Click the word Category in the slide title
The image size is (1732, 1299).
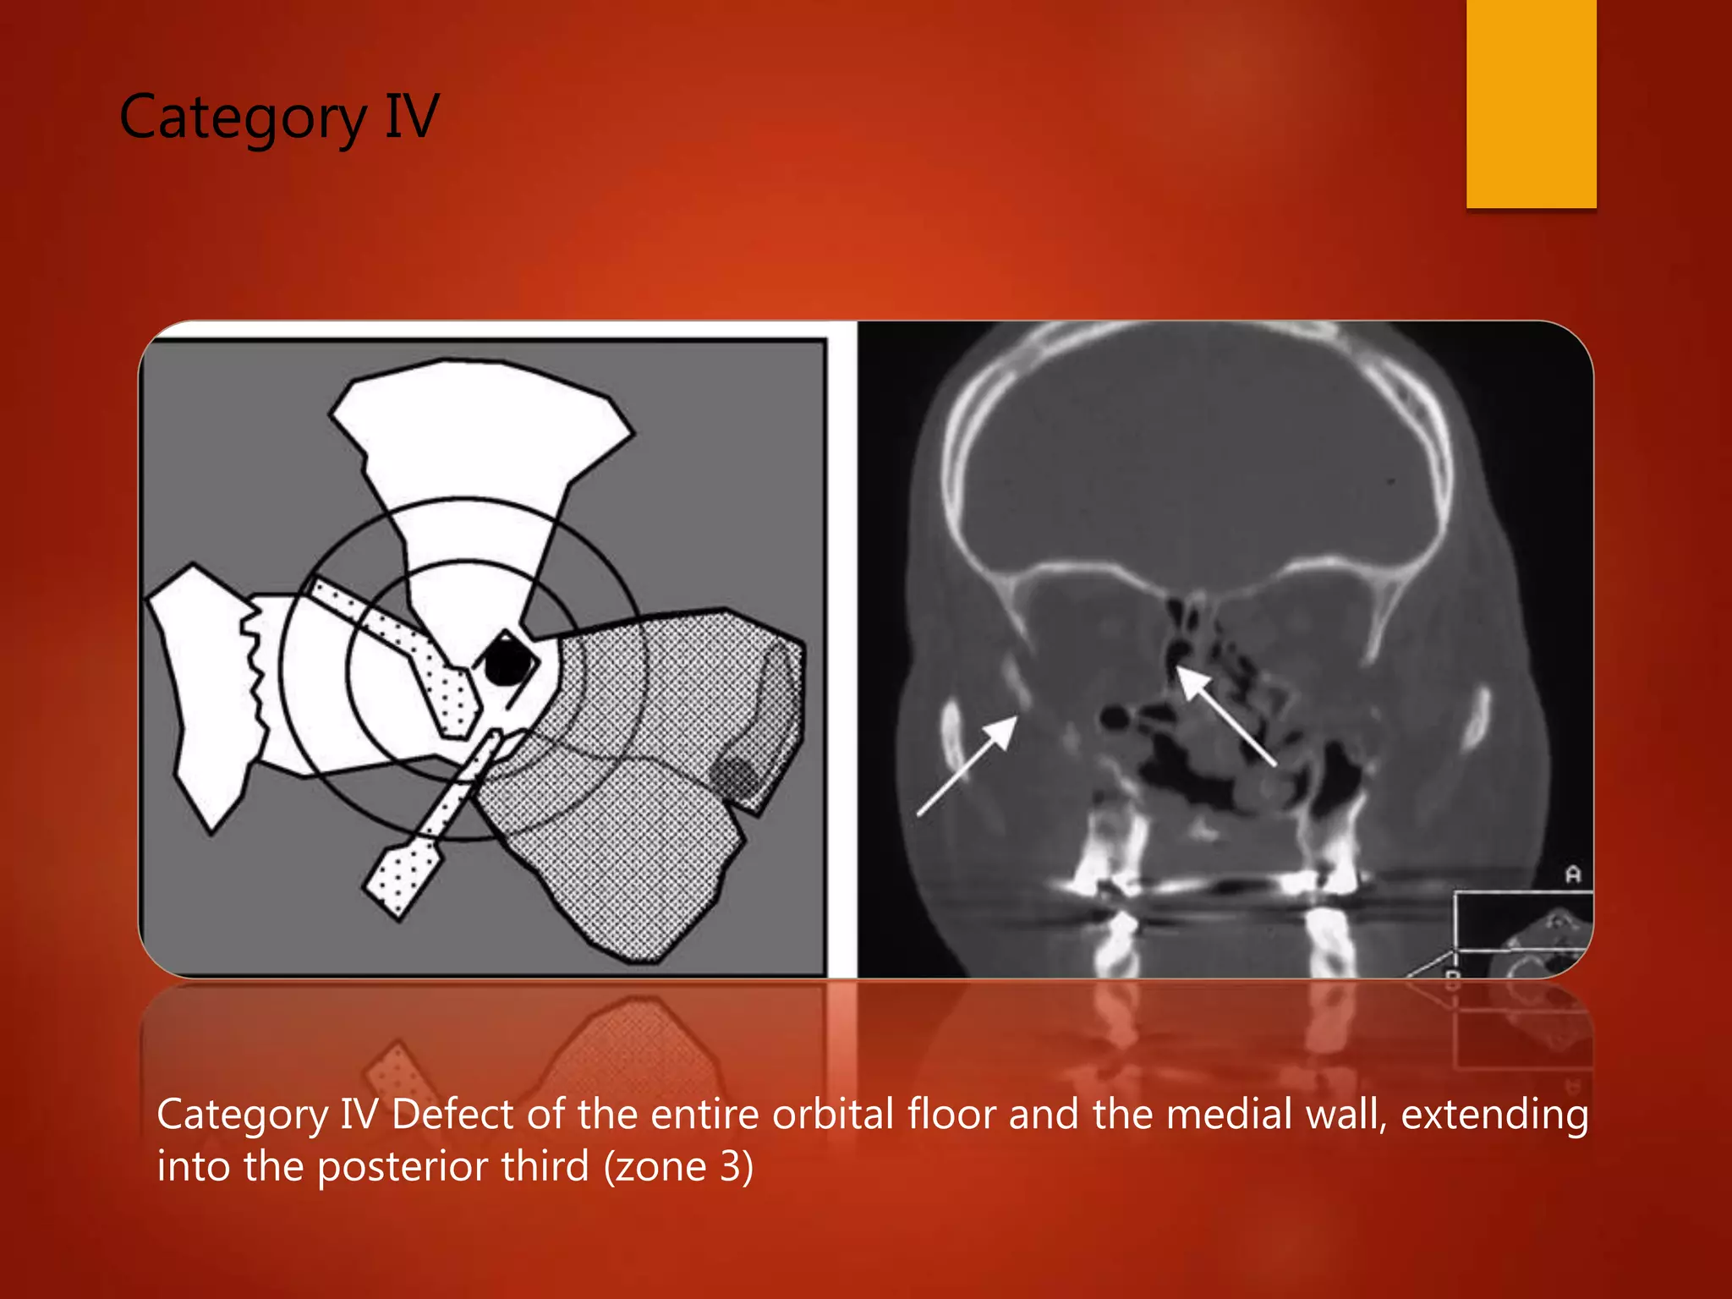coord(242,118)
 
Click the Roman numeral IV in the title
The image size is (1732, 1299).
coord(412,116)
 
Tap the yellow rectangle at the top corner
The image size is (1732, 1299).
coord(1531,103)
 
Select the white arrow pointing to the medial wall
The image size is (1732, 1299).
coord(1225,715)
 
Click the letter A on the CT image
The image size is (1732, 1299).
coord(1572,874)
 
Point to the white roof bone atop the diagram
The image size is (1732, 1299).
coord(478,431)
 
